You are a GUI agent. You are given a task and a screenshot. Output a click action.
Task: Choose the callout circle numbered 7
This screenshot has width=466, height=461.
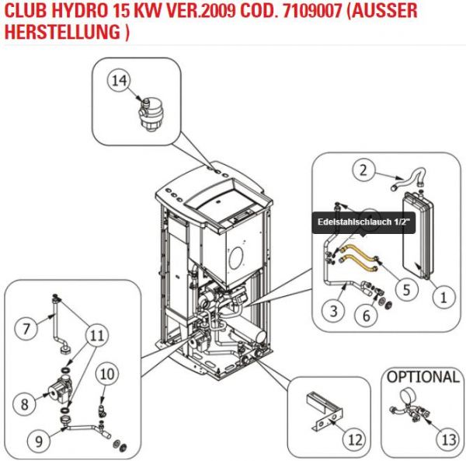point(27,329)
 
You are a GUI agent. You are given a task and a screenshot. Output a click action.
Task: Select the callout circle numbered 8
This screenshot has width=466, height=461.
point(26,403)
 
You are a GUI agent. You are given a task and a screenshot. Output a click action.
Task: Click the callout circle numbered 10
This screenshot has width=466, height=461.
point(108,374)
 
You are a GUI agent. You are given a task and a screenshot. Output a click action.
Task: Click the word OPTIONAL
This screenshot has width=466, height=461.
point(423,377)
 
